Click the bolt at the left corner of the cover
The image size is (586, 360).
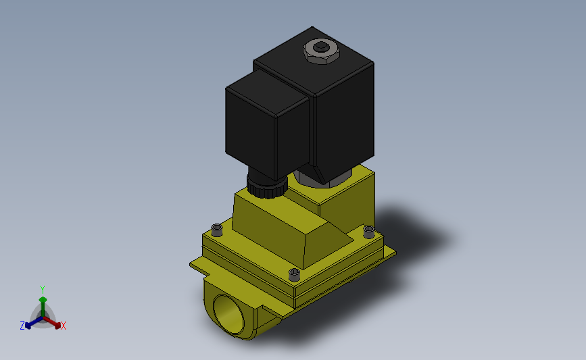click(217, 230)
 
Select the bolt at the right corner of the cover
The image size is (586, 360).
click(368, 232)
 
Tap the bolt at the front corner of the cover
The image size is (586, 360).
click(294, 274)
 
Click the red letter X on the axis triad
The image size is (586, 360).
click(64, 326)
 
